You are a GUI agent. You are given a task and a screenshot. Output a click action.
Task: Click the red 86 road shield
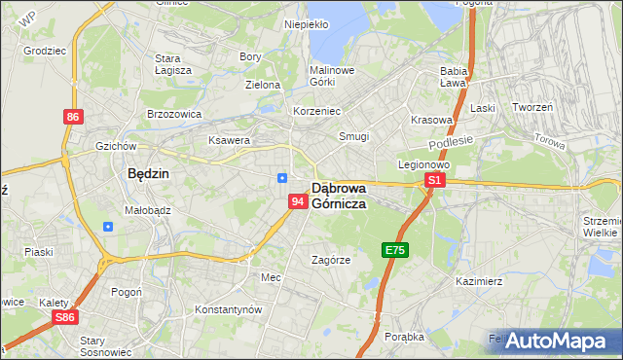coord(73,117)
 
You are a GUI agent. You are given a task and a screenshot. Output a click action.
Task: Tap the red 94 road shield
coord(299,200)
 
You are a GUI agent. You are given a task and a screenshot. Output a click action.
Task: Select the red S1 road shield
coord(435,180)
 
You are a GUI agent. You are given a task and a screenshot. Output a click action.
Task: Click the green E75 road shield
coord(394,250)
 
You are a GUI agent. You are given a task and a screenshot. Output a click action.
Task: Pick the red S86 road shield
coord(65,317)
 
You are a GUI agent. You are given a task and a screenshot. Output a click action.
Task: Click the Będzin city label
coord(149,174)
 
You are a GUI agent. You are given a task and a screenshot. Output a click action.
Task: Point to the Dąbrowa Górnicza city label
coord(350,196)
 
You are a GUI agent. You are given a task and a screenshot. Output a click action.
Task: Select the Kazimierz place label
coord(478,281)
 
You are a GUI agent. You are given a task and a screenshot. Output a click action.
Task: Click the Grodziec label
coord(44,48)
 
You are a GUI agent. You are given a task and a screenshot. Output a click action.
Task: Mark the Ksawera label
coord(230,140)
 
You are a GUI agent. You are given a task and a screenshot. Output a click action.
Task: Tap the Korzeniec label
coord(316,111)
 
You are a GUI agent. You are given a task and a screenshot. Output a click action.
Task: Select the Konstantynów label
coord(229,309)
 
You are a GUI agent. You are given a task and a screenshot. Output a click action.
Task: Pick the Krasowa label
coord(431,121)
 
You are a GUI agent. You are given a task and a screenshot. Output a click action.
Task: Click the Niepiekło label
coord(306,24)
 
